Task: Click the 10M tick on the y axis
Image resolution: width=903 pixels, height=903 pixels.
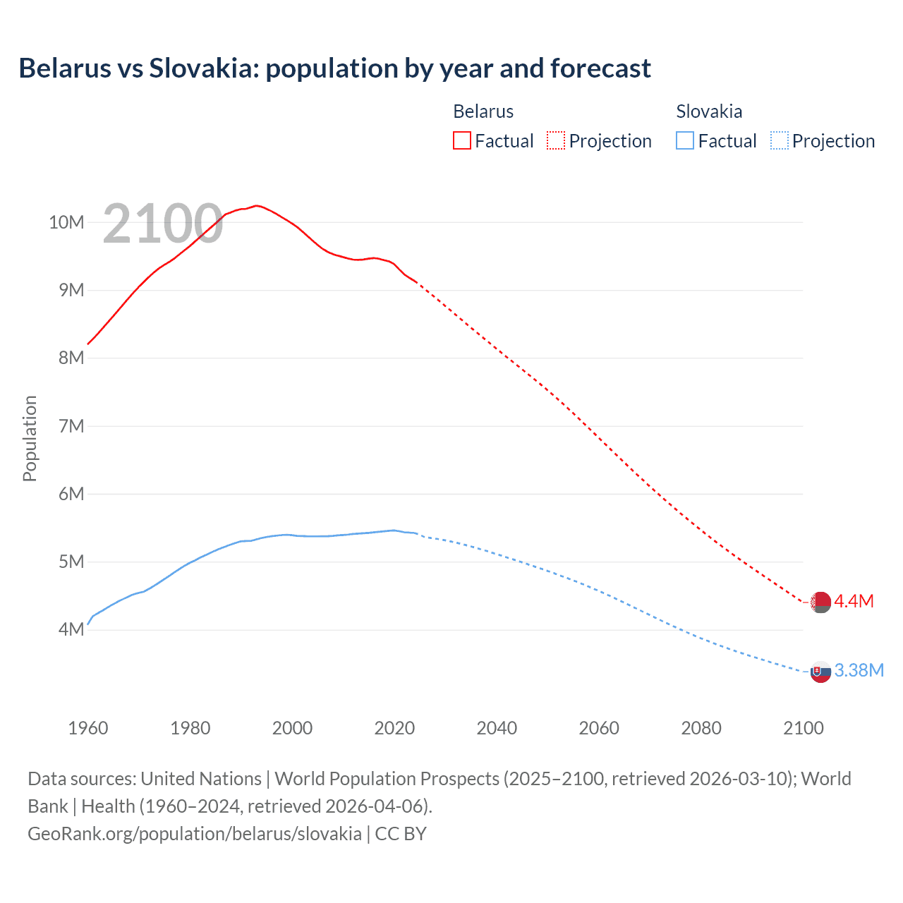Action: pos(66,222)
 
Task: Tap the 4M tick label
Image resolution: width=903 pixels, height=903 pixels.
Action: pos(71,629)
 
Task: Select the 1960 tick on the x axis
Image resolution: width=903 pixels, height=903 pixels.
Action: pos(88,728)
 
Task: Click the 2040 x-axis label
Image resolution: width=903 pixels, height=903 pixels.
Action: pos(497,728)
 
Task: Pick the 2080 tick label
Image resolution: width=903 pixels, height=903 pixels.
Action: pos(701,728)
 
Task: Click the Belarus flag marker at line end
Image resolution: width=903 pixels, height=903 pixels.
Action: pos(820,602)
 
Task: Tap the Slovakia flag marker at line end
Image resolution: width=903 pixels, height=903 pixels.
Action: pos(820,672)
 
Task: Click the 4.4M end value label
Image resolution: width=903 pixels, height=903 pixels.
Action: pos(854,601)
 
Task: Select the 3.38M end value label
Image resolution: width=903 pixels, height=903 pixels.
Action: pos(859,670)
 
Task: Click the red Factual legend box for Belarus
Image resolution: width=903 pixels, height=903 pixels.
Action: pos(462,140)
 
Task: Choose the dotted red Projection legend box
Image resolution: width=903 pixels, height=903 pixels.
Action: pos(556,140)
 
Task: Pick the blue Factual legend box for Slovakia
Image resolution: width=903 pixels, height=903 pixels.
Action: pos(685,140)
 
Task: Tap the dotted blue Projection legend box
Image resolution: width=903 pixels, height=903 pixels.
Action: pos(779,140)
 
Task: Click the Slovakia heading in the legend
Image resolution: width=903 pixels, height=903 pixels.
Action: pos(709,111)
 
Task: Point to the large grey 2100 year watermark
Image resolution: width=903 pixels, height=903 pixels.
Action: pos(163,224)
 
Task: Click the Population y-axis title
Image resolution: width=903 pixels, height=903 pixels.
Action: pos(30,438)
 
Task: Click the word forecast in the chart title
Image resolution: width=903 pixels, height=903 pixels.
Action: pos(600,68)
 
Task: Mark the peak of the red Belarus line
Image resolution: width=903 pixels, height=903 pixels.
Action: pos(257,205)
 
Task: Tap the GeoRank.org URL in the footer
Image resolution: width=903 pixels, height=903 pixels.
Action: pos(195,833)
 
